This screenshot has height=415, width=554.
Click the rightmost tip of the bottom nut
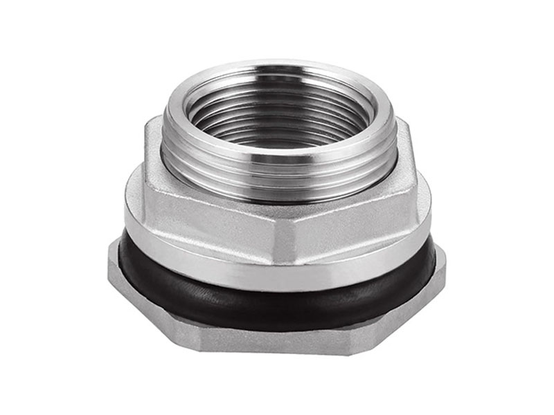click(445, 266)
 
